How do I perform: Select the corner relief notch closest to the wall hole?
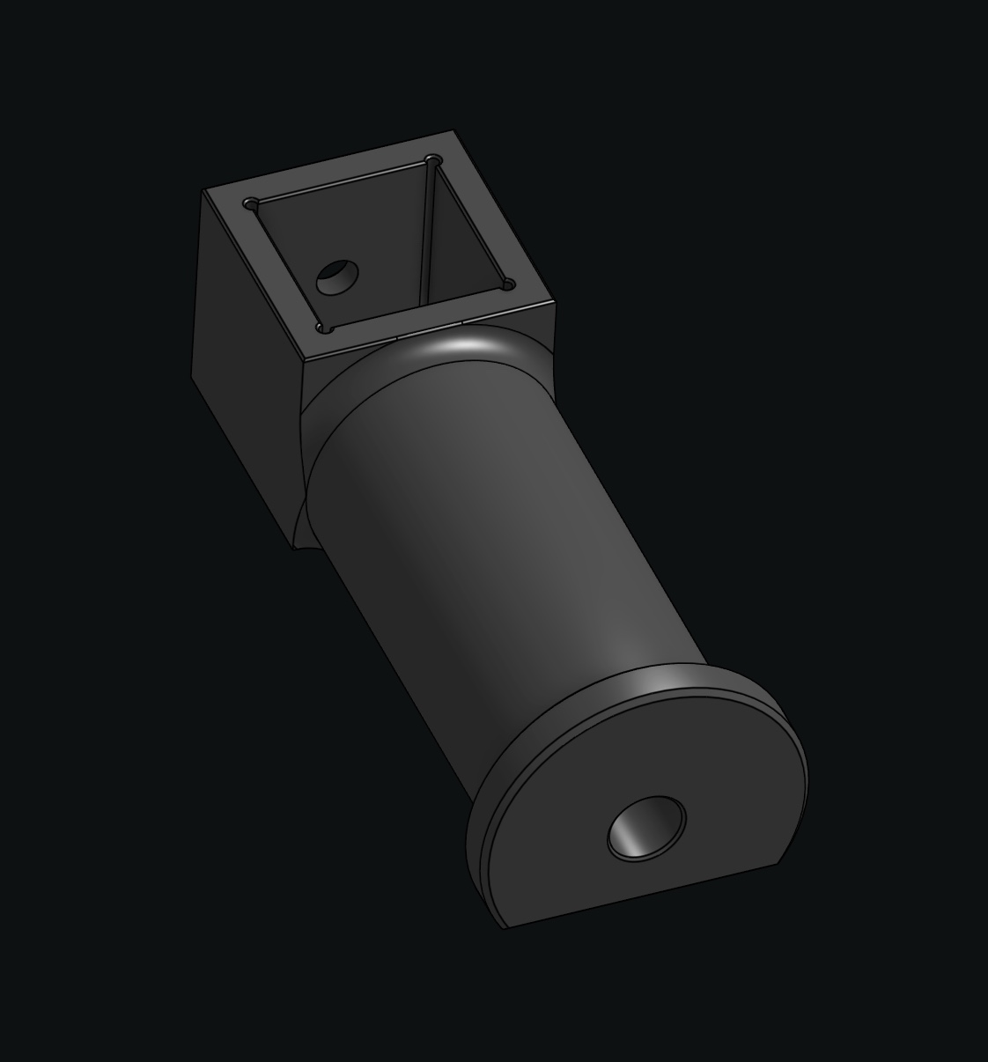(325, 328)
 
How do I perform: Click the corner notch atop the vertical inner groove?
(431, 161)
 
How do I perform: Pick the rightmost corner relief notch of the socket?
(507, 284)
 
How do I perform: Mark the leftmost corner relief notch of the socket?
(251, 204)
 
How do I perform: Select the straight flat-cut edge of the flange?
(643, 895)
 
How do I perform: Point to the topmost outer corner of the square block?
(453, 132)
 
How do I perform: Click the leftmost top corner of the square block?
(203, 190)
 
